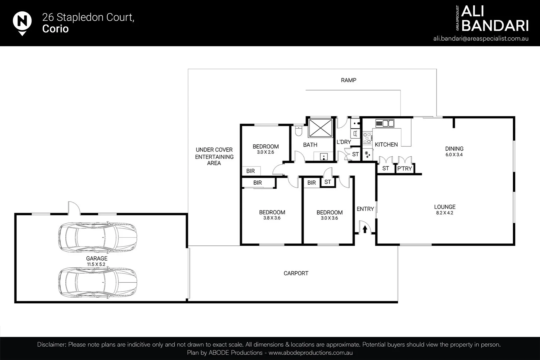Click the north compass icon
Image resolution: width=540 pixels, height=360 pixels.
pos(22,22)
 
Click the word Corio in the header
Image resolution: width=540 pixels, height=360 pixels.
pos(55,29)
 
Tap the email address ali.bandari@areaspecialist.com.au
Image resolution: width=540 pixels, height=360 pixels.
pos(481,38)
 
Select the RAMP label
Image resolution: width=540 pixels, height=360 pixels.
pos(349,80)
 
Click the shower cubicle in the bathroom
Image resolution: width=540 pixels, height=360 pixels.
pos(320,128)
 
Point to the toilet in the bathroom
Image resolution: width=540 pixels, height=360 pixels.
pos(298,131)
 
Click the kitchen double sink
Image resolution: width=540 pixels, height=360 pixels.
pos(385,123)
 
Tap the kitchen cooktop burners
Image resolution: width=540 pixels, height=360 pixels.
pos(367,138)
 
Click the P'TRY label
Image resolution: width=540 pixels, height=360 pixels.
pos(405,169)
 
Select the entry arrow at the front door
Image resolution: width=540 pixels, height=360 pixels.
pos(365,229)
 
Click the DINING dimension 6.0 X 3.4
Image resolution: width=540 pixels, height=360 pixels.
pos(454,155)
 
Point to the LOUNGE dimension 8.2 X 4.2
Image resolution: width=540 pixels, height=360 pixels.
pos(445,213)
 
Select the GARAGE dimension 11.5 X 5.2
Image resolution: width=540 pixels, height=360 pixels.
pos(96,264)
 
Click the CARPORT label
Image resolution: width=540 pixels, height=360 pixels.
pos(296,273)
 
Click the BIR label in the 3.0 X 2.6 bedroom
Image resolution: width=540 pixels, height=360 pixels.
pos(250,171)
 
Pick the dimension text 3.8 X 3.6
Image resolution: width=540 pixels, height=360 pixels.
pos(272,218)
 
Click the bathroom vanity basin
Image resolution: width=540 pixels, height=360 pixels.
pos(323,156)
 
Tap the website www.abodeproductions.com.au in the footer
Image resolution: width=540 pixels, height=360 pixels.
pos(311,353)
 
